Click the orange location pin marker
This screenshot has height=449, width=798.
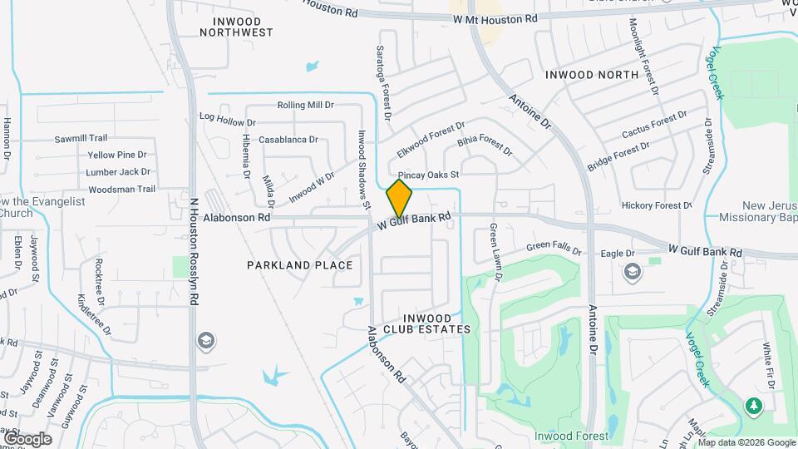399,198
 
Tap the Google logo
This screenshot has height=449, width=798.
27,438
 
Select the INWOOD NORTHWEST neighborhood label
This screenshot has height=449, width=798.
237,27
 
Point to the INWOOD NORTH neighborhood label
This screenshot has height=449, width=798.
592,75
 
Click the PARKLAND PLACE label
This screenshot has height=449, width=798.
300,265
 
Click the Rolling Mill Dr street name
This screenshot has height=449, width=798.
305,106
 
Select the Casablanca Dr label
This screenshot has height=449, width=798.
288,140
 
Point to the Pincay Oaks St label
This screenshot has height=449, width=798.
428,175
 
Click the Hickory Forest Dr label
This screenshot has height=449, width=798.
657,205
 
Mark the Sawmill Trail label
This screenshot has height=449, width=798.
81,139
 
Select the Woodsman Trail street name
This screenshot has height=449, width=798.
122,190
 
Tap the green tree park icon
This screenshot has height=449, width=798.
755,406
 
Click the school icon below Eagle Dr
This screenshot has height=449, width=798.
632,272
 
